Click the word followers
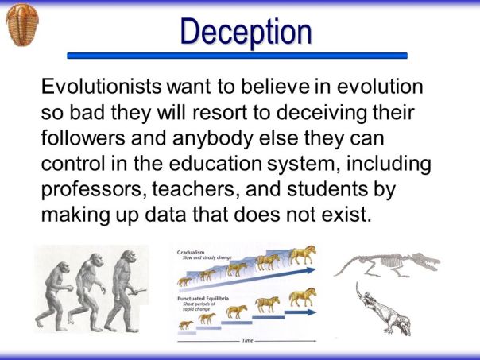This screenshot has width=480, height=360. [x=82, y=138]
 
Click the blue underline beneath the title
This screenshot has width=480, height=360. [x=237, y=56]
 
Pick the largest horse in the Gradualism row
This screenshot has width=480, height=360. [x=302, y=256]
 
